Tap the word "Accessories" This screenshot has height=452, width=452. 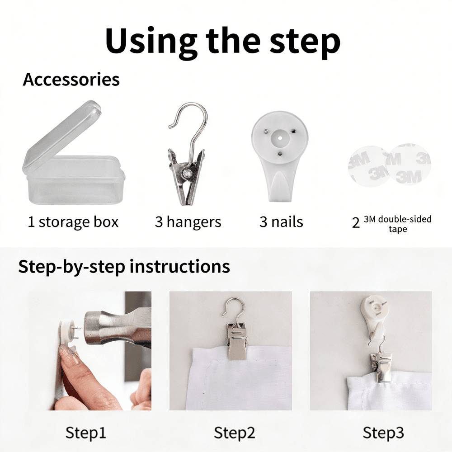click(71, 79)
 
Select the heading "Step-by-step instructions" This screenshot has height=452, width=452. click(124, 266)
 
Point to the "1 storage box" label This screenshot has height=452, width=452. click(73, 222)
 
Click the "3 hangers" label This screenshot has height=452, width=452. click(188, 222)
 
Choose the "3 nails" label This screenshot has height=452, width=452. click(281, 222)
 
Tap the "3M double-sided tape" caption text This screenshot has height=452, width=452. click(397, 224)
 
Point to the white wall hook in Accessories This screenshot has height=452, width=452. click(279, 155)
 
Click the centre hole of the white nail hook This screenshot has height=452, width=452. click(279, 138)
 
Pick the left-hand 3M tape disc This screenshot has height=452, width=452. click(367, 166)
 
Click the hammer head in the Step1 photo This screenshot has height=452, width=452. click(115, 329)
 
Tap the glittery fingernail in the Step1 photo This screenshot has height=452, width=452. click(69, 354)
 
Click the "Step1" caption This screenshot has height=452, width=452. click(85, 433)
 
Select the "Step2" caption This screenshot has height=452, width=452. click(234, 433)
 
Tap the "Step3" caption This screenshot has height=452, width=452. click(383, 433)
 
